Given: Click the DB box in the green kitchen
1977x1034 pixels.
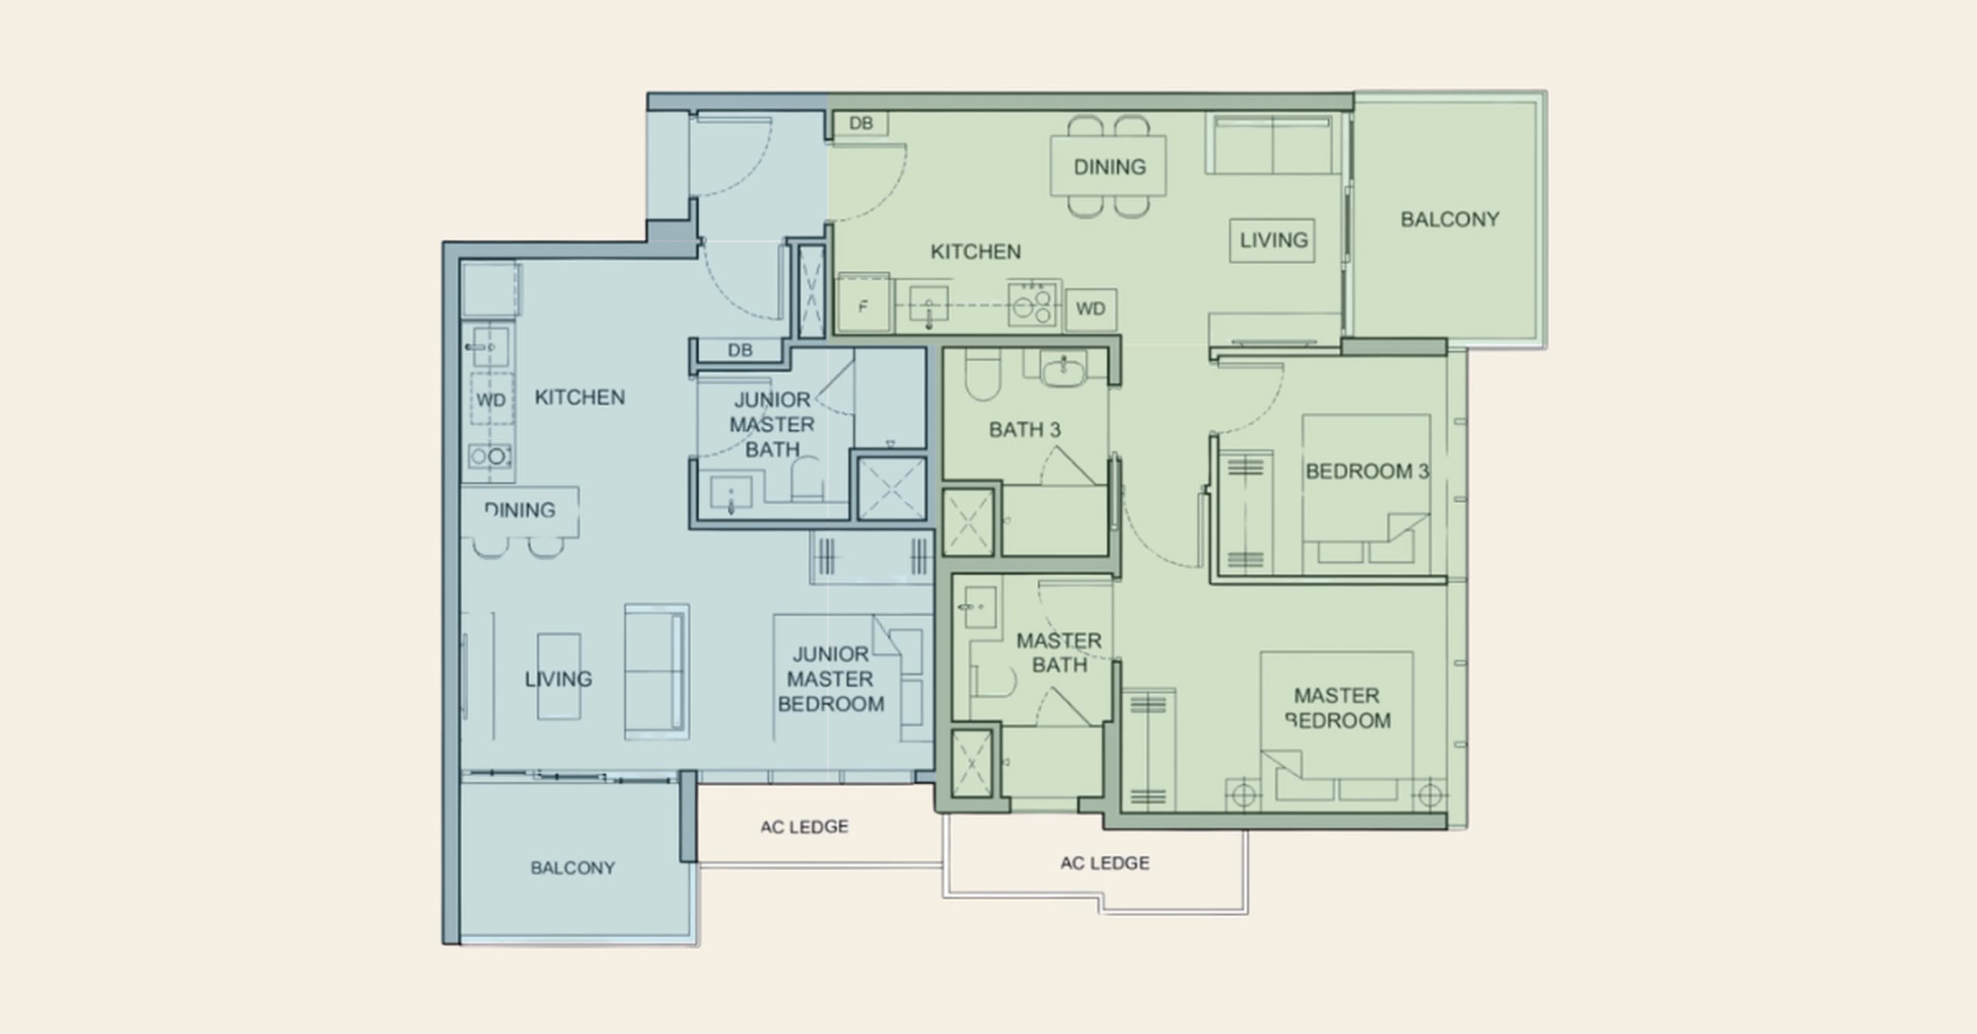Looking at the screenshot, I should click(x=861, y=123).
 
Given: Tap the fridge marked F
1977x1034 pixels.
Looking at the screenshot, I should click(x=864, y=306).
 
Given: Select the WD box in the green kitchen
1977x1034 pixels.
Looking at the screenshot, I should click(x=1091, y=309).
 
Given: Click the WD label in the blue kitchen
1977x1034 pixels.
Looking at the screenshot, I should click(x=491, y=400).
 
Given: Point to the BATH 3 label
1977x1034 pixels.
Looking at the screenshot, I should click(x=1025, y=429).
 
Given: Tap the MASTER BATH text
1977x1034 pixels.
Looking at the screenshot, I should click(x=1059, y=652).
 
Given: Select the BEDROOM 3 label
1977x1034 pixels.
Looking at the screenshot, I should click(x=1367, y=471).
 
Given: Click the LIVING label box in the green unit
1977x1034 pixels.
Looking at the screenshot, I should click(x=1273, y=240).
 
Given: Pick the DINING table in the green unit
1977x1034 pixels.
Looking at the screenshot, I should click(x=1109, y=166).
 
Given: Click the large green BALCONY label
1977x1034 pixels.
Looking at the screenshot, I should click(x=1450, y=219).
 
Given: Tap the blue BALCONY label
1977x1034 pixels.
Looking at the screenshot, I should click(x=572, y=868).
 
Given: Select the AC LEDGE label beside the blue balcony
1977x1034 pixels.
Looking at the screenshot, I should click(x=804, y=826).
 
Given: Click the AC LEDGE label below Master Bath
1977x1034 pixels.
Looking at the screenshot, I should click(x=1104, y=862).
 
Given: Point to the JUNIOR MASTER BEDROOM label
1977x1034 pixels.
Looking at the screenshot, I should click(x=831, y=679).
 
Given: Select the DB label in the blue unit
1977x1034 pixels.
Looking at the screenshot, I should click(x=740, y=350).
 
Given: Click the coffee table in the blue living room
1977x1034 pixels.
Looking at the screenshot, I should click(x=559, y=677).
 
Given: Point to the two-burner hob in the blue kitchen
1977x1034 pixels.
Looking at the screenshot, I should click(x=490, y=456).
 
